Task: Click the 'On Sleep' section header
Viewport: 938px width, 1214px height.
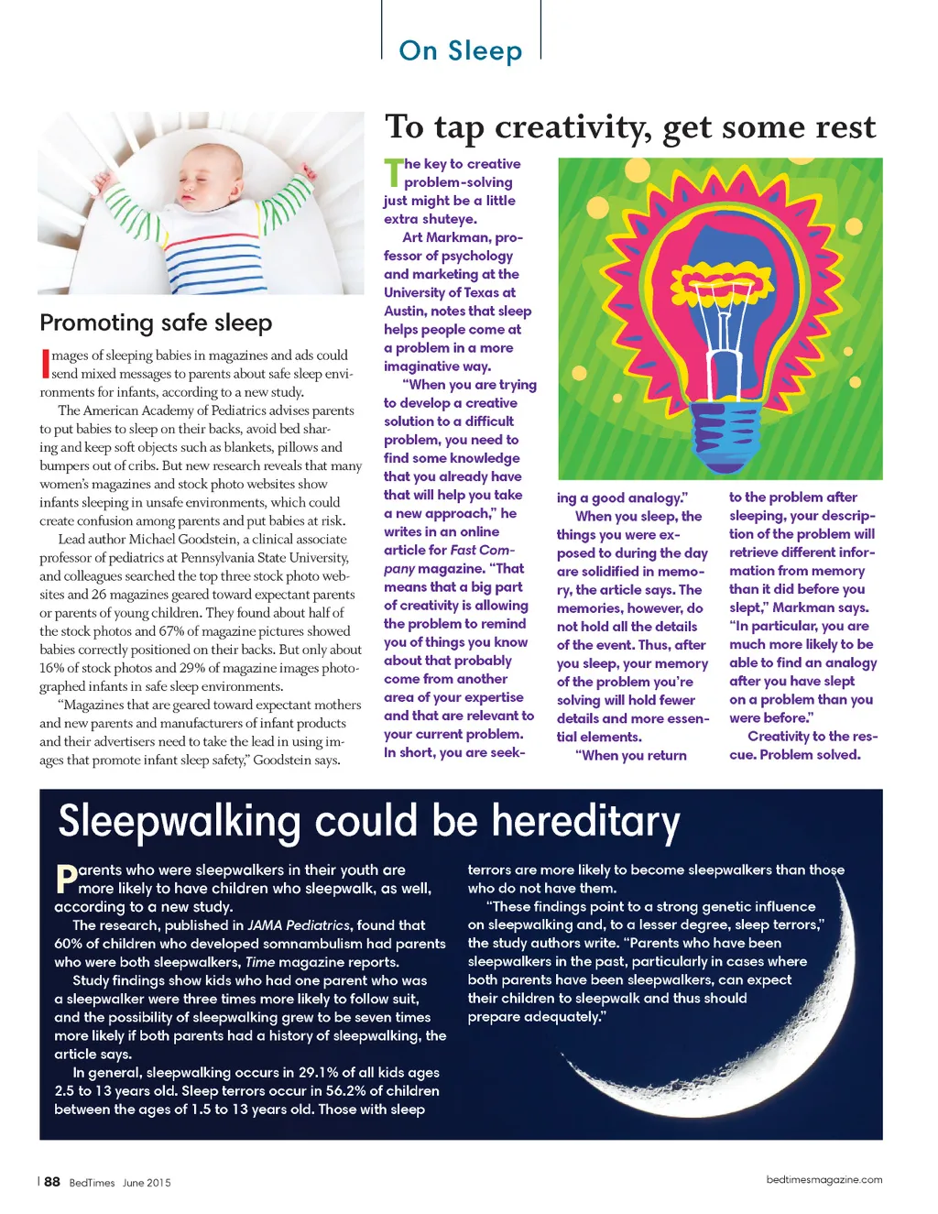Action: [x=461, y=50]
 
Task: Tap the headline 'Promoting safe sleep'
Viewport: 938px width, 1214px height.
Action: [x=156, y=323]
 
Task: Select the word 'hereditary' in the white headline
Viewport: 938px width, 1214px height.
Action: [x=585, y=822]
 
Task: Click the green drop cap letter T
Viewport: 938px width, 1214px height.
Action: [x=393, y=172]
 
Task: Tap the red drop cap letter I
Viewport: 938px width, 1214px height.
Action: [x=45, y=364]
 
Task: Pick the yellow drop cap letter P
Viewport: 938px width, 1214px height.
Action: [x=66, y=880]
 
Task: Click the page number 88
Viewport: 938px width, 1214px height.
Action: [x=52, y=1182]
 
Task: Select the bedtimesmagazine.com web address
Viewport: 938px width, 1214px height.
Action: [x=824, y=1180]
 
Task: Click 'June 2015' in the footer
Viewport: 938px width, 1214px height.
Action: [x=147, y=1183]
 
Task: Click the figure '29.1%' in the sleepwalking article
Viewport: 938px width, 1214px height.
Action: [x=320, y=1072]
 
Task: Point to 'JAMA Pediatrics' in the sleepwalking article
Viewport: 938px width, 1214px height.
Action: [x=299, y=925]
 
